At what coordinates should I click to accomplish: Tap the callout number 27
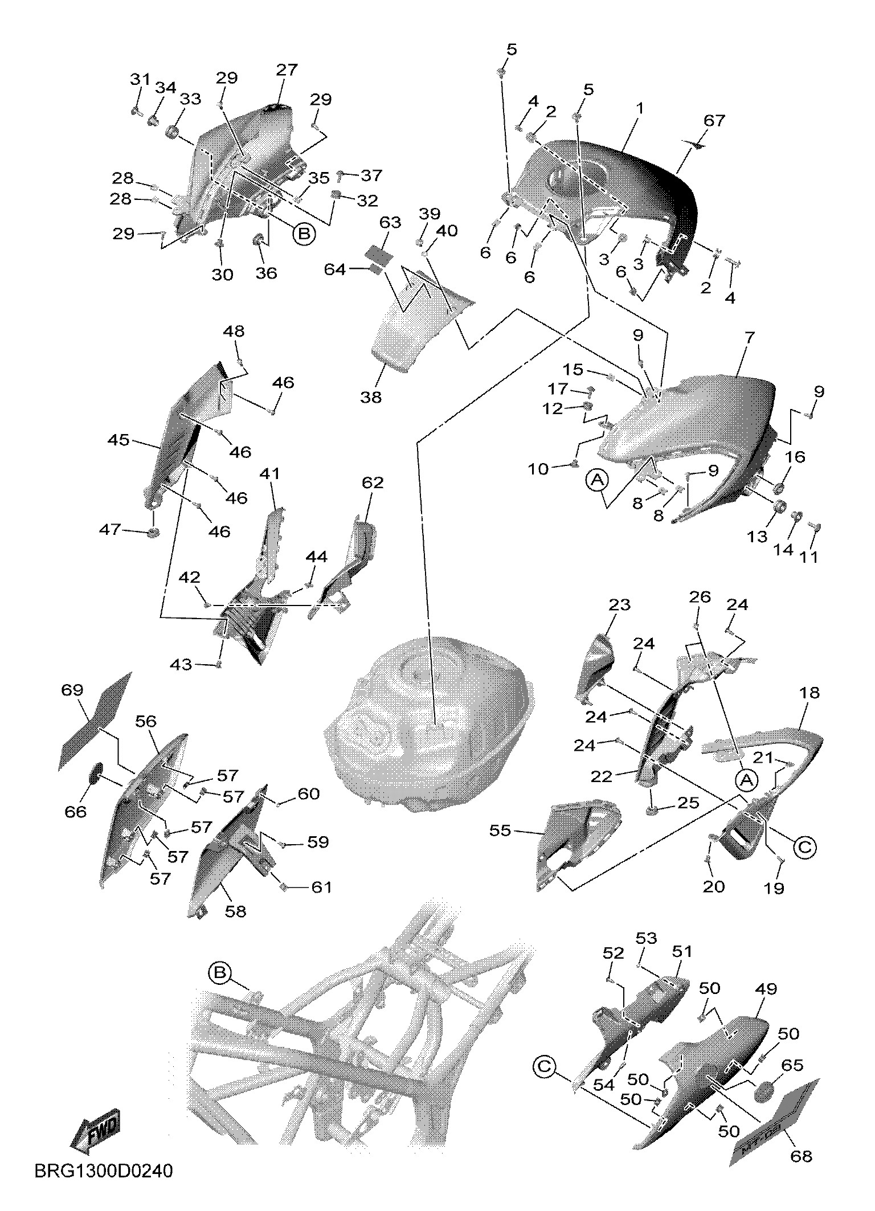pos(287,70)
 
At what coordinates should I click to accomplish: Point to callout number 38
pos(371,396)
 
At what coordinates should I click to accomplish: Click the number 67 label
pos(714,121)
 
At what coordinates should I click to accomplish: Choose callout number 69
pos(72,690)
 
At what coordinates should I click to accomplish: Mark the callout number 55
pos(501,831)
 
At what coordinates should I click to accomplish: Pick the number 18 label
pos(809,693)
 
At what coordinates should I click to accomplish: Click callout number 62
pos(373,483)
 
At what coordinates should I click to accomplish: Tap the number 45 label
pos(118,440)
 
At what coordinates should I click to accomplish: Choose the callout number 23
pos(619,604)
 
